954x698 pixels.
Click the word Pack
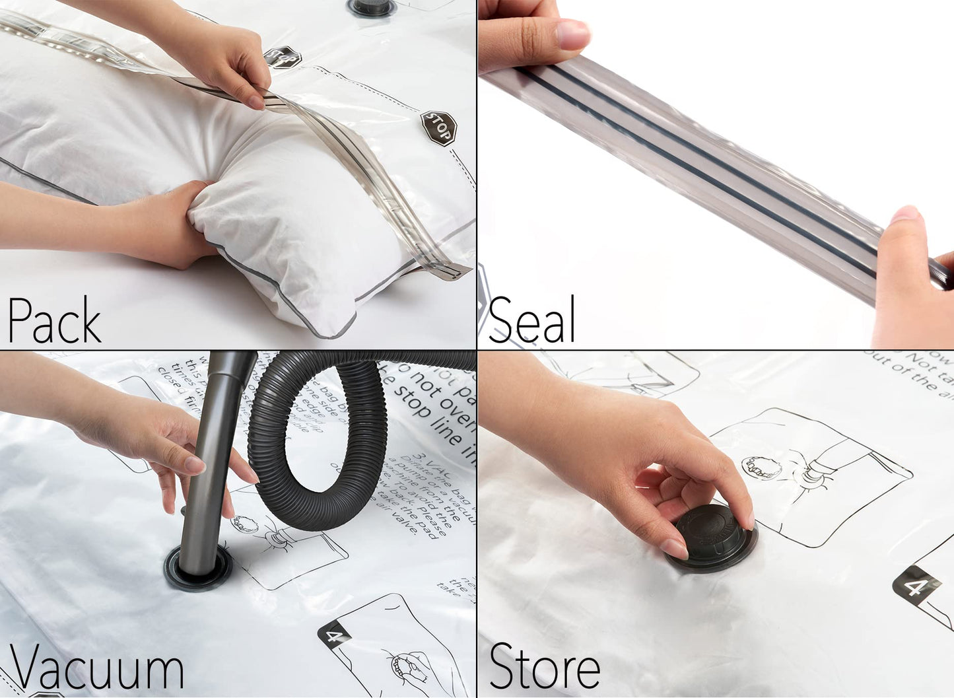(x=54, y=320)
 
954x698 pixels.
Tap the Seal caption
(x=531, y=320)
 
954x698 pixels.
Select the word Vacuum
(x=96, y=668)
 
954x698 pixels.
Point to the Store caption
(x=545, y=667)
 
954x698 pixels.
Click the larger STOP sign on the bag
(x=438, y=127)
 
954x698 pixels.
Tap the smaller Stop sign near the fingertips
(x=283, y=57)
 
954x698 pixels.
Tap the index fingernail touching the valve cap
(x=675, y=548)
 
